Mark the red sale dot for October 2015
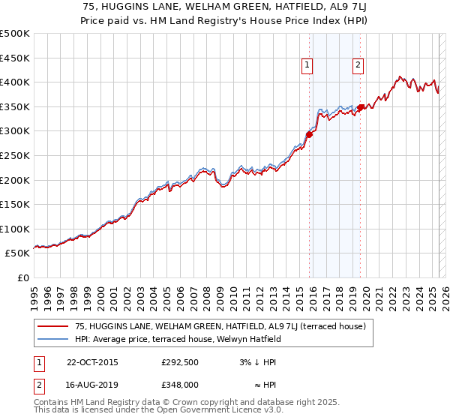tap(308, 135)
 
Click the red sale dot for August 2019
tap(359, 108)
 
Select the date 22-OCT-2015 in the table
tap(92, 362)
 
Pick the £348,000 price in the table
tap(179, 384)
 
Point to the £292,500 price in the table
tap(179, 362)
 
